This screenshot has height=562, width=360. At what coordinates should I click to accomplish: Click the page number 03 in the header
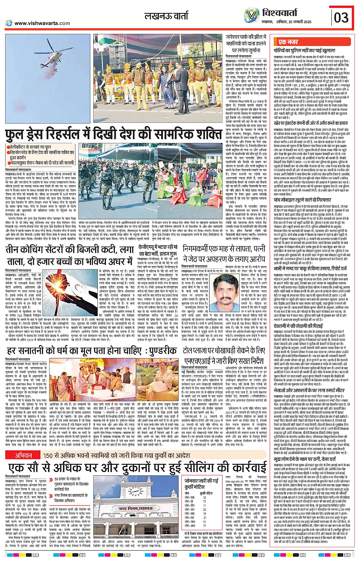[x=341, y=17]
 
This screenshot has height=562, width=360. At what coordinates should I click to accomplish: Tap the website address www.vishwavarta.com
[x=42, y=23]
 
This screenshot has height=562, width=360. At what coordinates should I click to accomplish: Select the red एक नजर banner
[x=288, y=42]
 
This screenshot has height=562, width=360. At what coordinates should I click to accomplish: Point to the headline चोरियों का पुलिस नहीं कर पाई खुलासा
[x=304, y=50]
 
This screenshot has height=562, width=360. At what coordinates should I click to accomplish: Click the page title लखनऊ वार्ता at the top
[x=166, y=16]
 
